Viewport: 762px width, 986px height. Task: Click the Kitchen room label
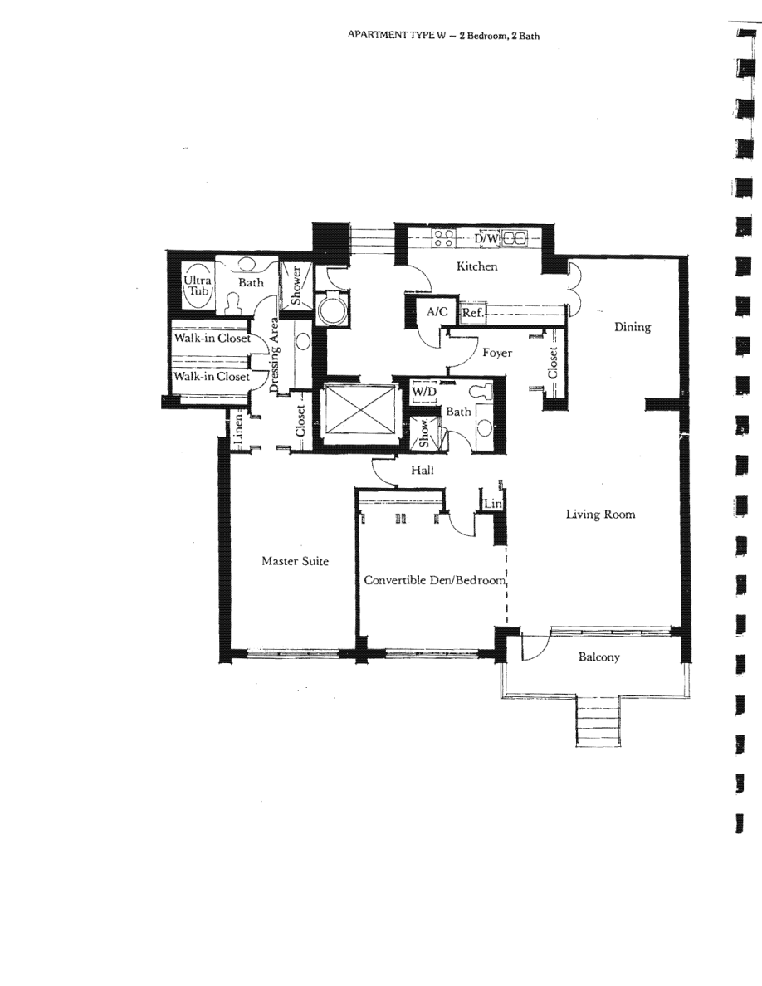[476, 266]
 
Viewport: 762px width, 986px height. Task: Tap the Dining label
[633, 327]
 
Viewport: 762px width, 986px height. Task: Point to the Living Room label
[600, 515]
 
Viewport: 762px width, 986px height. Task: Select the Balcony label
[598, 657]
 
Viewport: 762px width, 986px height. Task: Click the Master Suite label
[295, 561]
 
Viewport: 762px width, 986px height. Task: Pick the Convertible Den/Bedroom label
[434, 580]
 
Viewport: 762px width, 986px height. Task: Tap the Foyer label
[497, 353]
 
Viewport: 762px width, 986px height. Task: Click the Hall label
[423, 470]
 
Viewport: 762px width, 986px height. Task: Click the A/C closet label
[437, 311]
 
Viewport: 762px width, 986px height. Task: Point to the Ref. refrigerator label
[472, 313]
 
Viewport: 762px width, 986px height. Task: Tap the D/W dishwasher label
[486, 238]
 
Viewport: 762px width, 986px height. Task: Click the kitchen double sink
[515, 238]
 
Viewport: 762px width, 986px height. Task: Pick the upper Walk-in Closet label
[212, 338]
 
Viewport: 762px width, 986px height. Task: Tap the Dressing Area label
[274, 354]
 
